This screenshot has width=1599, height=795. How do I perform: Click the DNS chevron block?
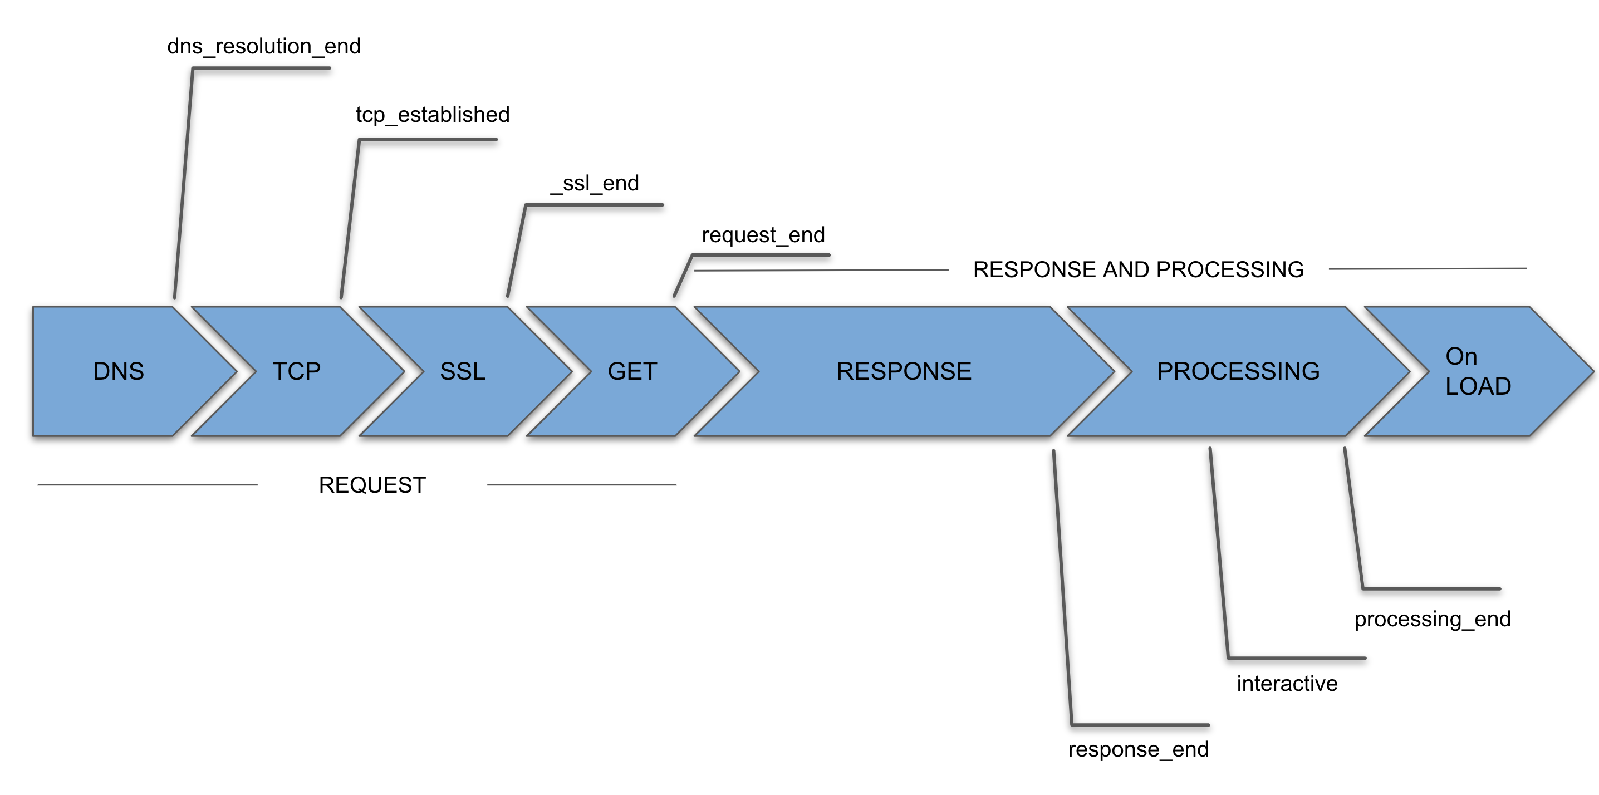pyautogui.click(x=118, y=371)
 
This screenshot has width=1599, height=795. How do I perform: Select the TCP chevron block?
pyautogui.click(x=297, y=371)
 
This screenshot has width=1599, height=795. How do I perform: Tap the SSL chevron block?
pyautogui.click(x=463, y=371)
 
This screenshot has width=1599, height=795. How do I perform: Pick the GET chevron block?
pyautogui.click(x=632, y=371)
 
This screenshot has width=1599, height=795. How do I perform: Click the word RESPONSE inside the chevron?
pyautogui.click(x=903, y=371)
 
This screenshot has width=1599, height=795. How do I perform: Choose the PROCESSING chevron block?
pyautogui.click(x=1238, y=371)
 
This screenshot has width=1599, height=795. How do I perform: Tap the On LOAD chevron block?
pyautogui.click(x=1477, y=371)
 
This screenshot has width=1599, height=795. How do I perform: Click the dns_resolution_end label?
pyautogui.click(x=264, y=46)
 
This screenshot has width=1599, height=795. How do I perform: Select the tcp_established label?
pyautogui.click(x=432, y=114)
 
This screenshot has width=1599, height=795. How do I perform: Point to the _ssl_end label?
pyautogui.click(x=595, y=183)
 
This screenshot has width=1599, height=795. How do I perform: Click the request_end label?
pyautogui.click(x=763, y=234)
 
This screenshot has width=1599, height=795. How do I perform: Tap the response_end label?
pyautogui.click(x=1138, y=749)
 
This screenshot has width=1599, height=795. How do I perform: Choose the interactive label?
pyautogui.click(x=1287, y=683)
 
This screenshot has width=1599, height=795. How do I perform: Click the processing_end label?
pyautogui.click(x=1432, y=619)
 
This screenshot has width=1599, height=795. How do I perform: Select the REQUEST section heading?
pyautogui.click(x=372, y=485)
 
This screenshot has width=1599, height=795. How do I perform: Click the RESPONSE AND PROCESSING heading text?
pyautogui.click(x=1138, y=269)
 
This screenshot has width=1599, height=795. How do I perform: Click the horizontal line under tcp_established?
pyautogui.click(x=428, y=140)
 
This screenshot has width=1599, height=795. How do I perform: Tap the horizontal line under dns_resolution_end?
pyautogui.click(x=261, y=68)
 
